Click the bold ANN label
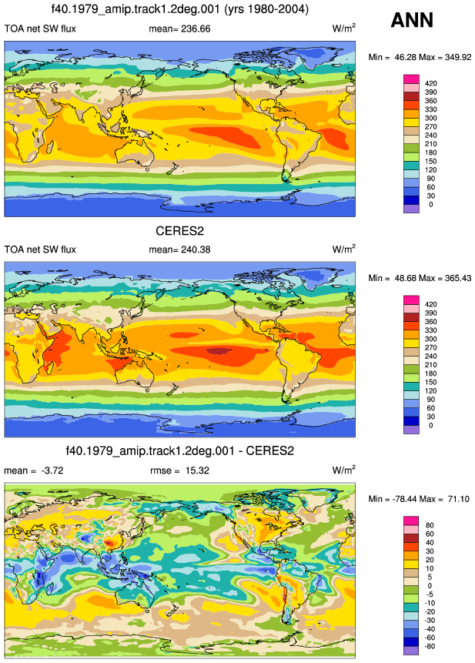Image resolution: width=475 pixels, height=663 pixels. pos(412,20)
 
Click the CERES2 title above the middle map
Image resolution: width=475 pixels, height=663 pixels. pos(179,231)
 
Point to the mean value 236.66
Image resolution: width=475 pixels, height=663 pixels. pos(196,28)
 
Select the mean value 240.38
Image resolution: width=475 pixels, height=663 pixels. pos(196,249)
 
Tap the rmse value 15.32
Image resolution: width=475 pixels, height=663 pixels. pos(197,470)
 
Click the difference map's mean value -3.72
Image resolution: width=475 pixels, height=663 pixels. pos(52,470)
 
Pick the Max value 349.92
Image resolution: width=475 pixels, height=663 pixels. pos(458,57)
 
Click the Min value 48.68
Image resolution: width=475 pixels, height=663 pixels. pos(405,278)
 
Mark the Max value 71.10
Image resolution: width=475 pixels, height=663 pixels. pos(459,499)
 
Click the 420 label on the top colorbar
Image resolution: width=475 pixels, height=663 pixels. pos(431,83)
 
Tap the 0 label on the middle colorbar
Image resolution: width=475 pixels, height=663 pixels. pos(430,425)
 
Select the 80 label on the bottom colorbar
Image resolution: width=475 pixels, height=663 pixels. pos(430,525)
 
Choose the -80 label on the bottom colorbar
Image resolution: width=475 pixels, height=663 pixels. pos(429,646)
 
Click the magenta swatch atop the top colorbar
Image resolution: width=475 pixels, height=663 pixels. pos(412,79)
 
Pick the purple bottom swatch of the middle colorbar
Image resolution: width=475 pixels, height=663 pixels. pos(412,430)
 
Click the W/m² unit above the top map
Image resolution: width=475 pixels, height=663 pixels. pos(343,28)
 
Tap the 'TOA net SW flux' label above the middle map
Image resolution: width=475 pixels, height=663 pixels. pos(40,249)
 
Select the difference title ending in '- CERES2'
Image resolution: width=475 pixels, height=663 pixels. pos(179,450)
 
